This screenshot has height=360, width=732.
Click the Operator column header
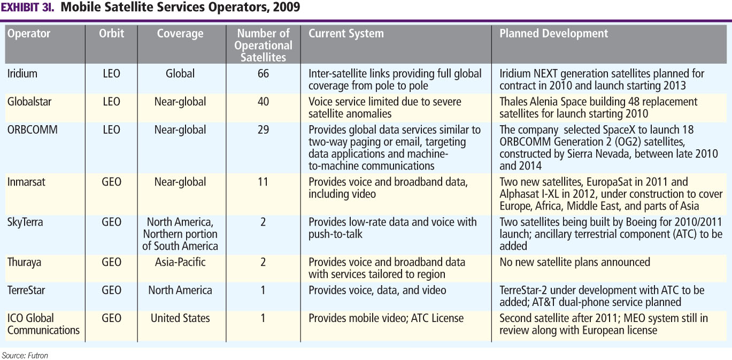click(29, 34)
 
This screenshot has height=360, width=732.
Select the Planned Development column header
click(553, 34)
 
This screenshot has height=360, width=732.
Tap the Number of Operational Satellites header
click(263, 45)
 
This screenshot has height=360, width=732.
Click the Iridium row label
click(22, 74)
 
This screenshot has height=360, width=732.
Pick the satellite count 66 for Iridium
click(263, 74)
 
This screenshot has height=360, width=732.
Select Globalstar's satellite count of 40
click(263, 102)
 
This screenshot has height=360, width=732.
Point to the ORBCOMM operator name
click(32, 130)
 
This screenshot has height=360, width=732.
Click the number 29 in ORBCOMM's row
click(263, 130)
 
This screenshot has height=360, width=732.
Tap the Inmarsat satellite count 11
click(263, 182)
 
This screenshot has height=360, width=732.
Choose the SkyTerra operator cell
click(26, 222)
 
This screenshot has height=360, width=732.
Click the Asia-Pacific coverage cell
click(180, 263)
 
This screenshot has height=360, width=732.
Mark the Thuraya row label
click(25, 263)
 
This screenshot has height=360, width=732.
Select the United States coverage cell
click(180, 318)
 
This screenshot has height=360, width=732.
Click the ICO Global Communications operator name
click(43, 324)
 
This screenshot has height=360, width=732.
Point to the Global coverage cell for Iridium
click(180, 74)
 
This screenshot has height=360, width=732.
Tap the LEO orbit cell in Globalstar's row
click(111, 102)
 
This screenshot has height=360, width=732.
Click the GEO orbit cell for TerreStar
click(111, 290)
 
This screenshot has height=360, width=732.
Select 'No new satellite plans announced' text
click(575, 263)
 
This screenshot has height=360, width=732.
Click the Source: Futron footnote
click(25, 355)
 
